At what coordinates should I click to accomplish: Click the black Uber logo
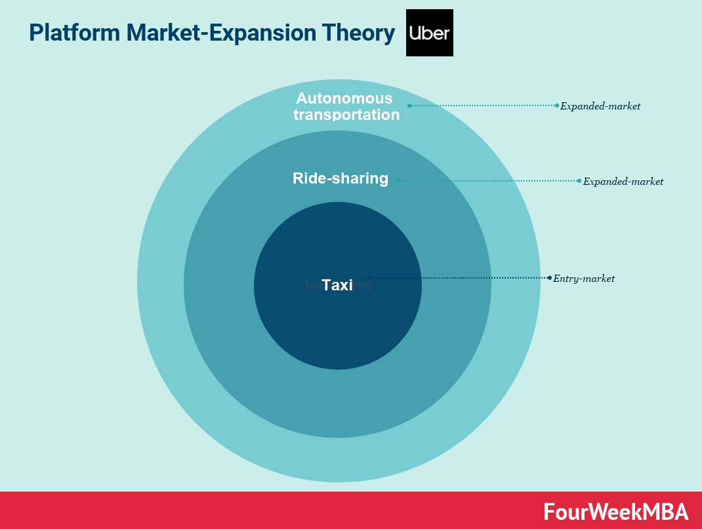tap(429, 33)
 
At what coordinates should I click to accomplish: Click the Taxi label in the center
tap(337, 285)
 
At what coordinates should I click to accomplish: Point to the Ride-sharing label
tap(340, 178)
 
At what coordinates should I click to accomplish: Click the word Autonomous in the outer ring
tap(344, 98)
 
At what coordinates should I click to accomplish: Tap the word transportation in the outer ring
tap(346, 115)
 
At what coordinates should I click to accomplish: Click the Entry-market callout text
tap(584, 279)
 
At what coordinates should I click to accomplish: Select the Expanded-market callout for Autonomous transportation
tap(600, 106)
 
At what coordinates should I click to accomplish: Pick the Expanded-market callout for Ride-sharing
tap(623, 182)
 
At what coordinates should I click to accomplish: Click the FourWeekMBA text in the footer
tap(615, 511)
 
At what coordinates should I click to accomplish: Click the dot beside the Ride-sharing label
tap(398, 181)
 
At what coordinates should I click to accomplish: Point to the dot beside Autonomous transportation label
tap(409, 106)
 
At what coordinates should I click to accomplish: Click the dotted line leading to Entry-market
tap(459, 278)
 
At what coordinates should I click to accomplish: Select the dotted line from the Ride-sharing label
tap(489, 181)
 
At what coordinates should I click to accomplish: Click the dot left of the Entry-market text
tap(549, 278)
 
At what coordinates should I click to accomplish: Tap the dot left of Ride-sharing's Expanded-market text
tap(579, 181)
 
